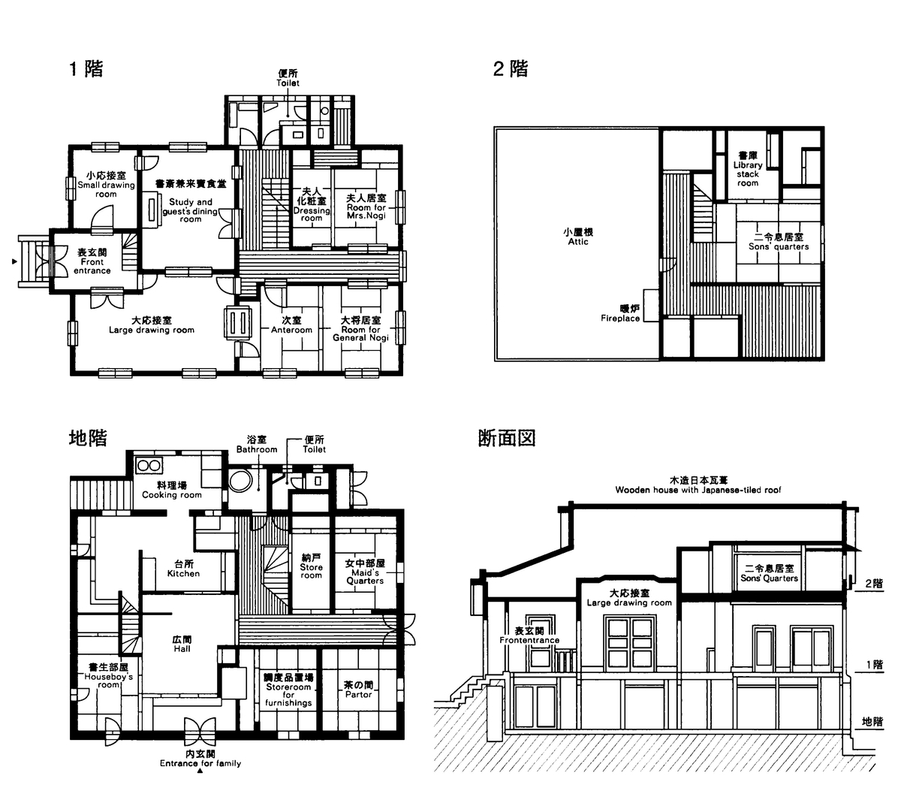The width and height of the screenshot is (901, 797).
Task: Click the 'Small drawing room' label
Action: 106,189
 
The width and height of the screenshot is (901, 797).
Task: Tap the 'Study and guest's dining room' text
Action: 191,210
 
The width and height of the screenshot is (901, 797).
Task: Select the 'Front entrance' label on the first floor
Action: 92,266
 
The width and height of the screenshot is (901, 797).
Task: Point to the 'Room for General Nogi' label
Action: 360,334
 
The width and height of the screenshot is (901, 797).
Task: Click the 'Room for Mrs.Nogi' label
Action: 366,211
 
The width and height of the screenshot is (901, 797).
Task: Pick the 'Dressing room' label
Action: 312,214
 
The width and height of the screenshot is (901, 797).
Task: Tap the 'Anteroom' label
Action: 292,330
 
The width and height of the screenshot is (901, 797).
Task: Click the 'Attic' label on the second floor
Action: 578,242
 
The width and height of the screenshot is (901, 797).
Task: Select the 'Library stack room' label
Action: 748,174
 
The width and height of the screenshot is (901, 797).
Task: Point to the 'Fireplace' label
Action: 620,318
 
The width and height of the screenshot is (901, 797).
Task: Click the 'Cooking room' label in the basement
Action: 172,495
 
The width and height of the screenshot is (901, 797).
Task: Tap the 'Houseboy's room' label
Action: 109,681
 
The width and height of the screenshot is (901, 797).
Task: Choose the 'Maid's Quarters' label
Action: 365,577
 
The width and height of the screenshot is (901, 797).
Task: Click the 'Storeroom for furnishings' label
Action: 288,695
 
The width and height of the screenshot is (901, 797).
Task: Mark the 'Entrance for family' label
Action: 200,763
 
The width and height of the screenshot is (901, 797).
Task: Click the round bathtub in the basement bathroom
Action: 240,481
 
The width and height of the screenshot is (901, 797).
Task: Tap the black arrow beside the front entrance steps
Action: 15,261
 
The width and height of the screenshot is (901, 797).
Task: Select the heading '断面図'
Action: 506,438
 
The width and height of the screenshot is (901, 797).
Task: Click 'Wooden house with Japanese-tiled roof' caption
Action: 698,490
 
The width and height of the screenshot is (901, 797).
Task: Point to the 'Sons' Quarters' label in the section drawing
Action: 770,578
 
